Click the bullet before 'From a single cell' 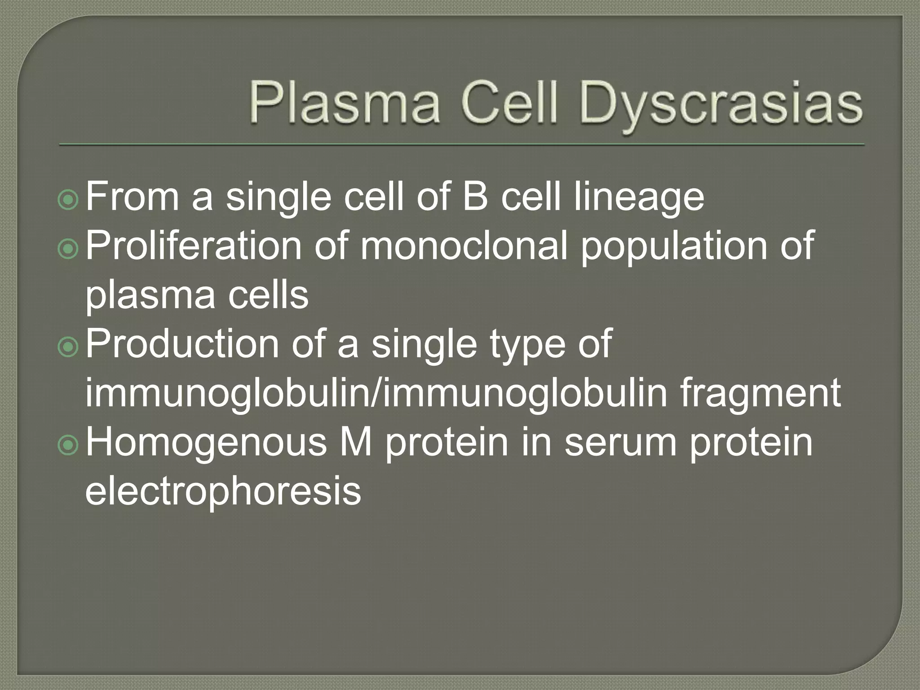click(x=69, y=201)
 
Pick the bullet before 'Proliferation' click(x=69, y=250)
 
